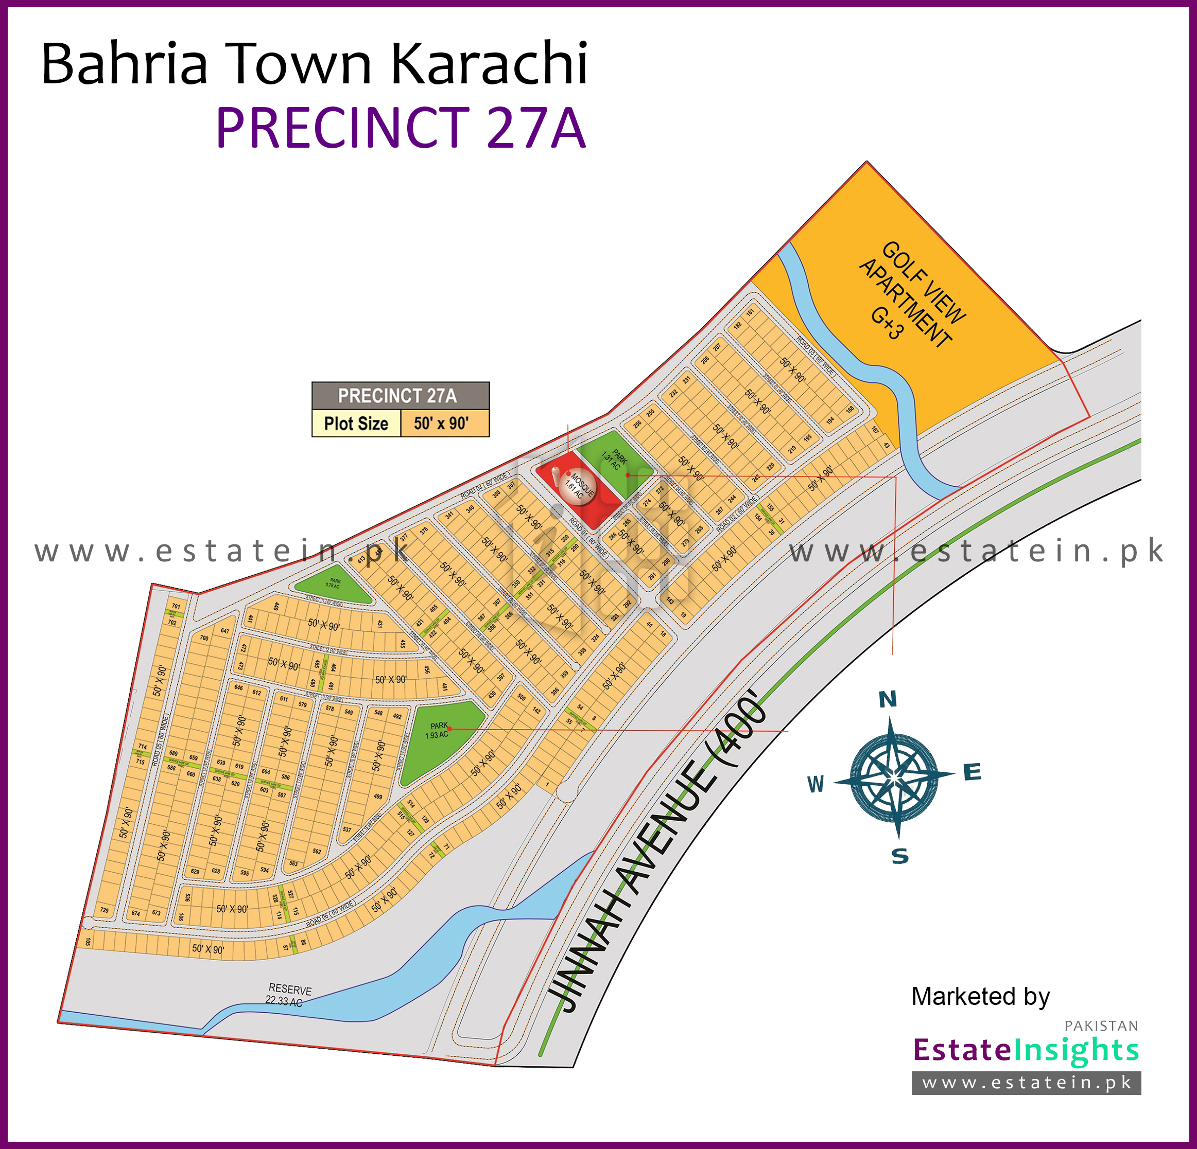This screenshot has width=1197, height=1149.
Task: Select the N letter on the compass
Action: tap(888, 700)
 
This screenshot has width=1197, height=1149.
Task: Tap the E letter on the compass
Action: tap(972, 773)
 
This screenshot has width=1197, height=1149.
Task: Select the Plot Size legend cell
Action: tap(356, 423)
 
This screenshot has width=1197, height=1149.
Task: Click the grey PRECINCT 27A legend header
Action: tap(400, 396)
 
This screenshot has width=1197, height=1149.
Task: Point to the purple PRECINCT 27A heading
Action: tap(401, 128)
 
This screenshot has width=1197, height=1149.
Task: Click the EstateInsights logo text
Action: tap(1026, 1050)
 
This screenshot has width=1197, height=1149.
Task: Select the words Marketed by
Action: tap(980, 996)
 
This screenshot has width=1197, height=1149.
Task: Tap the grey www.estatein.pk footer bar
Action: tap(1026, 1083)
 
